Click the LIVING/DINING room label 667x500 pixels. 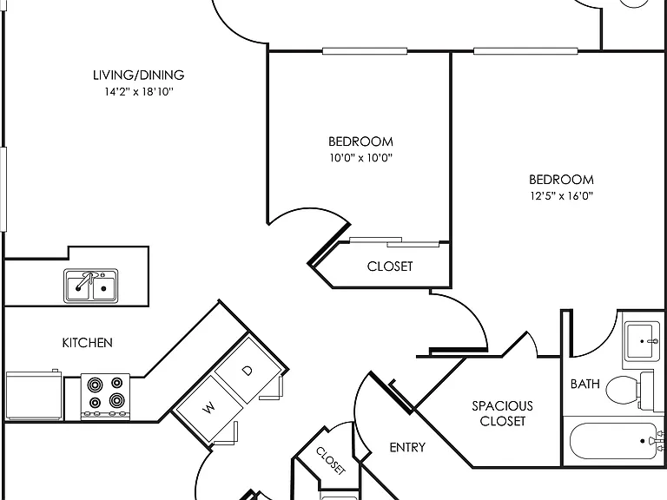139,76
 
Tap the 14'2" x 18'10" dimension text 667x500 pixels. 139,91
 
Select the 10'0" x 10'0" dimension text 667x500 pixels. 360,158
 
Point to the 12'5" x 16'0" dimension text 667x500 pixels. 562,195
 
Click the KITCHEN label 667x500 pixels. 88,343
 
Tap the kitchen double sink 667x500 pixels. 91,286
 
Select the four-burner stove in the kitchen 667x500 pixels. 105,397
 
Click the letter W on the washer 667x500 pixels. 208,408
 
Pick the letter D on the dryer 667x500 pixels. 248,371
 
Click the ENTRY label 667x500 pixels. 407,447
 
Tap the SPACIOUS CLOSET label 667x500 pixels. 502,413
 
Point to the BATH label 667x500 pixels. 585,384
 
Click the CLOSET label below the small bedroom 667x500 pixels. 390,266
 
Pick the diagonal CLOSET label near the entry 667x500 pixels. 331,460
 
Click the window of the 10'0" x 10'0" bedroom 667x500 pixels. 365,51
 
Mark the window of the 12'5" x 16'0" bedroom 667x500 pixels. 525,51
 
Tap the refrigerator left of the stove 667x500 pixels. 34,396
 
